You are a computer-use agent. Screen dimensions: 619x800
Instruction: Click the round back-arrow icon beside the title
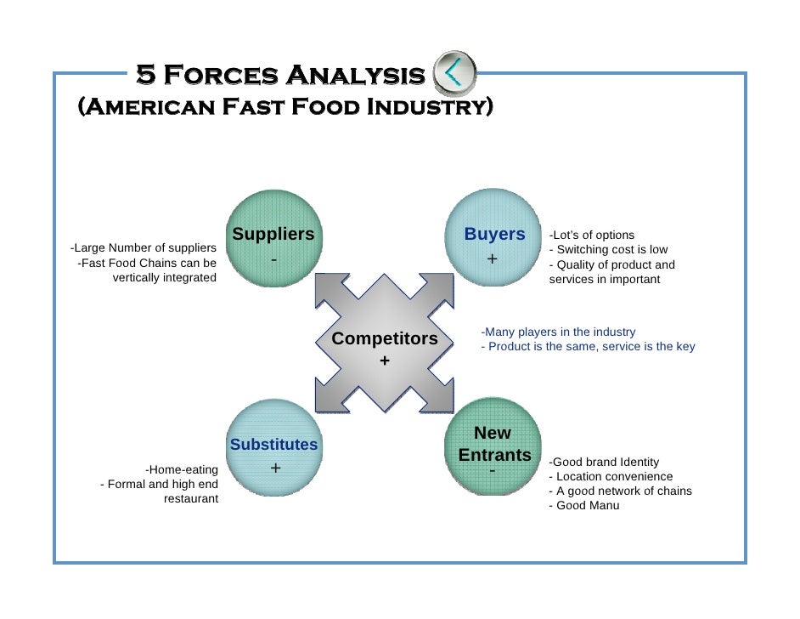(455, 75)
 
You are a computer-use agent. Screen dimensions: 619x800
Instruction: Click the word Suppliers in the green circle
(273, 234)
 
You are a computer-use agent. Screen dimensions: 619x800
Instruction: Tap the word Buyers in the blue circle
(494, 234)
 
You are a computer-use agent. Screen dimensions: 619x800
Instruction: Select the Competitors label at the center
(385, 339)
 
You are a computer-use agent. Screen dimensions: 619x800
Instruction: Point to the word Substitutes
(273, 445)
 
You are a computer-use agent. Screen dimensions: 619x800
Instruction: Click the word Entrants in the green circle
(494, 455)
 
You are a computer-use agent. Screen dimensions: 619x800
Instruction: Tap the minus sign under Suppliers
(273, 258)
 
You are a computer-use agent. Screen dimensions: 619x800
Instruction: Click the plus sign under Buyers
(492, 258)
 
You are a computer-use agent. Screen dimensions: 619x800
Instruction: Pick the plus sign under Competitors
(385, 361)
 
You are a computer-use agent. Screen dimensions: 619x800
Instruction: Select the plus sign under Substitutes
(275, 469)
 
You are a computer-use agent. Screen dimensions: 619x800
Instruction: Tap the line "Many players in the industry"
(558, 332)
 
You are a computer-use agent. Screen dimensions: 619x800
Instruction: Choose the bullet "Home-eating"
(182, 469)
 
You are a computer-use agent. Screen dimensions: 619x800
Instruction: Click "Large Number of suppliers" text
(143, 248)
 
